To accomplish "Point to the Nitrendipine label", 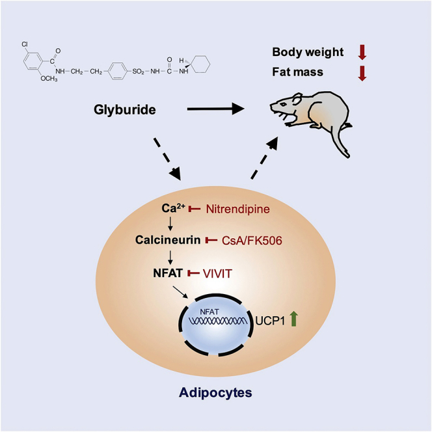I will click(237, 209).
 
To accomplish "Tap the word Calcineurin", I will click(167, 240).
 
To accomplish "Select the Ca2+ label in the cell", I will click(174, 208).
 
